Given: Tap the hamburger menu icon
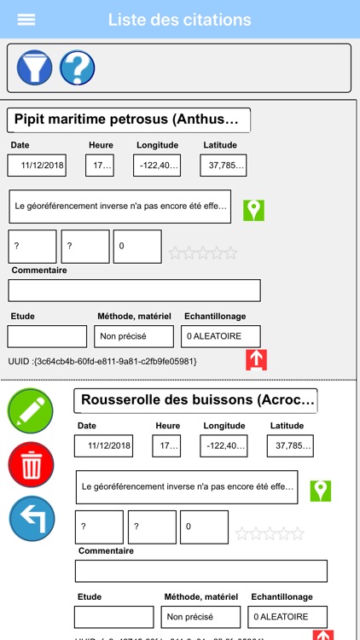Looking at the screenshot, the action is [x=26, y=20].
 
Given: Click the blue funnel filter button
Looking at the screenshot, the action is [x=34, y=67].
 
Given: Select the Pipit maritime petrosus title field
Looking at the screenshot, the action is [x=129, y=119].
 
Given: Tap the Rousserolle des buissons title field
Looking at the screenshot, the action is [x=195, y=400].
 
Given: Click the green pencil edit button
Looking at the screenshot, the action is [x=31, y=410].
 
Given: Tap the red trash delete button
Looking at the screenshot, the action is [x=31, y=465].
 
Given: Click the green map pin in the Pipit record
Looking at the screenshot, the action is [x=253, y=210].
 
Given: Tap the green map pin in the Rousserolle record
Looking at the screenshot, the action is [x=320, y=491].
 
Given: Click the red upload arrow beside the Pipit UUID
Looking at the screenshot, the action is [x=256, y=360].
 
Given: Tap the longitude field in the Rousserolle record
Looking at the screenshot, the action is [x=224, y=446].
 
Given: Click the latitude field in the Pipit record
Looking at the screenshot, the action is [x=223, y=166].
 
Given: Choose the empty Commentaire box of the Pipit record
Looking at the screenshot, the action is [x=134, y=290].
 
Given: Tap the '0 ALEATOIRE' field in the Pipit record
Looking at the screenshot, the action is [x=220, y=336].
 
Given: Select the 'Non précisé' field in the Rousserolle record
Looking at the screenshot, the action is [x=200, y=617].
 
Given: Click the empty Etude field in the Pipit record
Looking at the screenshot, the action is [x=48, y=336].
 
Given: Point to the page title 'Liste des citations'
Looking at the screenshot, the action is [x=179, y=20].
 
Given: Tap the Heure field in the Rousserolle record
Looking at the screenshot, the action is [x=166, y=446].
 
